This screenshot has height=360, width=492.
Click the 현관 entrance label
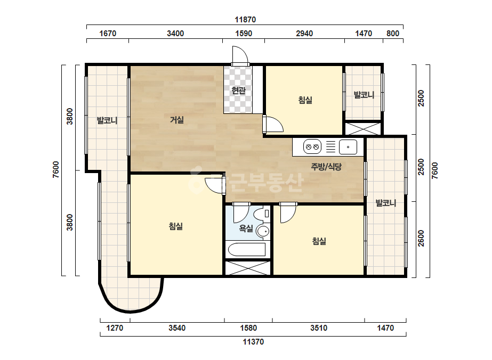(x=238, y=91)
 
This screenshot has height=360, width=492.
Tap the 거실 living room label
(x=177, y=119)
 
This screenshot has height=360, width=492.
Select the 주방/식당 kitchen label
(x=326, y=167)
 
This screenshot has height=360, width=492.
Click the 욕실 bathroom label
(x=246, y=228)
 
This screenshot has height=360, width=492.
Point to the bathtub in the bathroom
(x=247, y=250)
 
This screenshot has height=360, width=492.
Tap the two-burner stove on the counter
(x=312, y=147)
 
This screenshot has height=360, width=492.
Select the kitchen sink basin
(x=348, y=147)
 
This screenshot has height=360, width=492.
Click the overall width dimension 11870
(x=245, y=20)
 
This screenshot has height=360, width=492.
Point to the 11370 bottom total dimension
(x=253, y=342)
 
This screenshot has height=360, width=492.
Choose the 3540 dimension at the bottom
(x=177, y=328)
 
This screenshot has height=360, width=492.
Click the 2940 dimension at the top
(x=304, y=34)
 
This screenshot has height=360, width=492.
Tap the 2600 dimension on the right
(x=421, y=239)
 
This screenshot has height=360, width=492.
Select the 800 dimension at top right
(x=393, y=34)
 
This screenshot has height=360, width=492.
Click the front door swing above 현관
(x=240, y=56)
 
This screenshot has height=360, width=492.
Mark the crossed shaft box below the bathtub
(x=247, y=268)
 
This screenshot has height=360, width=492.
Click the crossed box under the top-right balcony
(x=363, y=128)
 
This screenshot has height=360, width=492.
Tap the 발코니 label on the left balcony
(x=107, y=120)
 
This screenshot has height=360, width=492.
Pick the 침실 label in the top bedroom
(x=305, y=100)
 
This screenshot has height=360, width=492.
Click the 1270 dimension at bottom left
(x=115, y=328)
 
